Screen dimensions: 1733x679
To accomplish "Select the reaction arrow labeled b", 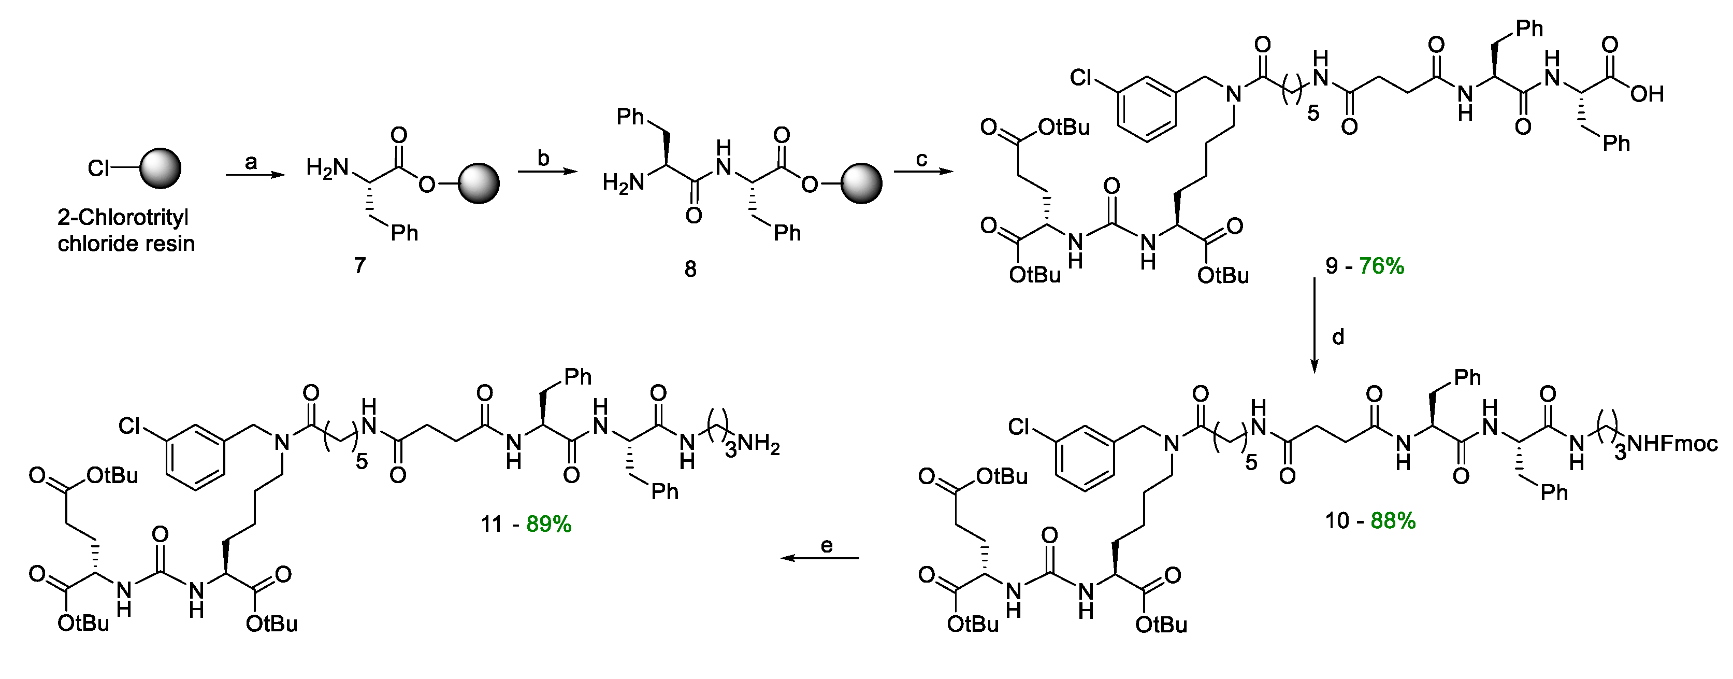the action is pos(547,172).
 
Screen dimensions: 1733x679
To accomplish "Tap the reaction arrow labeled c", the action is pos(922,172).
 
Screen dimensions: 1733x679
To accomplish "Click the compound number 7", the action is pos(360,266).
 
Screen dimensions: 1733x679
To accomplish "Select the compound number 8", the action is pos(690,269).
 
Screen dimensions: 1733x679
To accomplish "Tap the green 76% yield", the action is pos(1381,266).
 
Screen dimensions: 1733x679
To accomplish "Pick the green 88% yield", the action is pos(1393,520).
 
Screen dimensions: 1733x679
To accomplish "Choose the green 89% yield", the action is pos(549,524).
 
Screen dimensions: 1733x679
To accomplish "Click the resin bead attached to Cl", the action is pos(160,168).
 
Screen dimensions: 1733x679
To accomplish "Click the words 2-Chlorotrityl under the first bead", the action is pos(123,217).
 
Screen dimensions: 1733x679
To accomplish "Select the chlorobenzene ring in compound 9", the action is pos(1148,108).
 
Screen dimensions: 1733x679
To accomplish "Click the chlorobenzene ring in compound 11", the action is pos(195,457).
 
